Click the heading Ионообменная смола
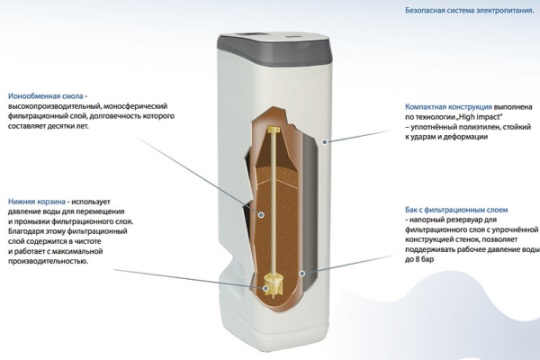46,96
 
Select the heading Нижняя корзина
37,202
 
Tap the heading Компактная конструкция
448,107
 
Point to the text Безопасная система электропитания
470,10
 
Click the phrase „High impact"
480,117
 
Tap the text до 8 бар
419,259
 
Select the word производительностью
48,261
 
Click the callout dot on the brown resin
261,214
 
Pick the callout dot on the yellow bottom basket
265,288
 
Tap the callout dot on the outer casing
324,141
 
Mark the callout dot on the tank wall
302,274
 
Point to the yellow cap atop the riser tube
274,130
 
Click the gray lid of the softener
274,49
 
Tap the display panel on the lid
251,35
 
